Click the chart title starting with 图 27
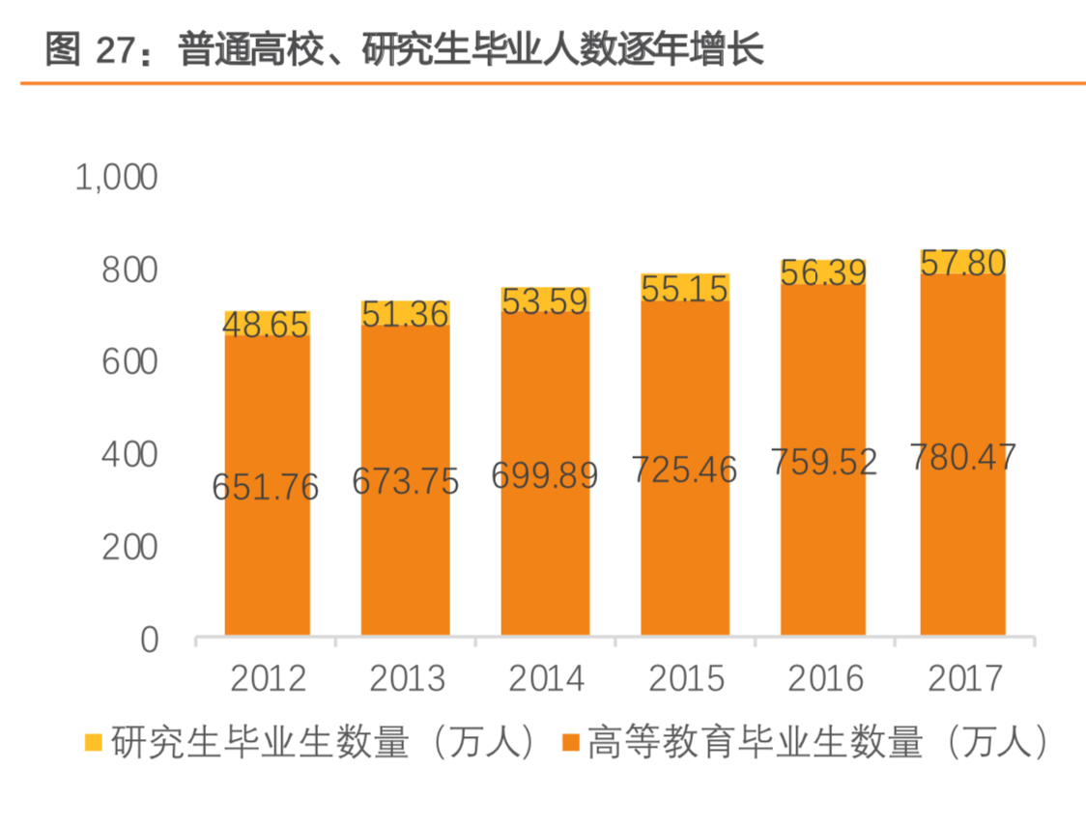[404, 50]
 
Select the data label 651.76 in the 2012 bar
[266, 487]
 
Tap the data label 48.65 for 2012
[266, 325]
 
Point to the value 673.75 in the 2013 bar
[405, 480]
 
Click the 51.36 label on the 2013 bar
[405, 314]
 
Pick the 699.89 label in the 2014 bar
[545, 474]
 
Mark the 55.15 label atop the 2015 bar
[684, 289]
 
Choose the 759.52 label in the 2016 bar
[823, 462]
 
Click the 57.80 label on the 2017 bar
[962, 263]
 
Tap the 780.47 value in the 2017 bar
[962, 456]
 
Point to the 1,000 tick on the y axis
[116, 178]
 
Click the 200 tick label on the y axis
[129, 547]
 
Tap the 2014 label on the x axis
[545, 679]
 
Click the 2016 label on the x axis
[823, 679]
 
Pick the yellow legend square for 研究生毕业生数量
[94, 743]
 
